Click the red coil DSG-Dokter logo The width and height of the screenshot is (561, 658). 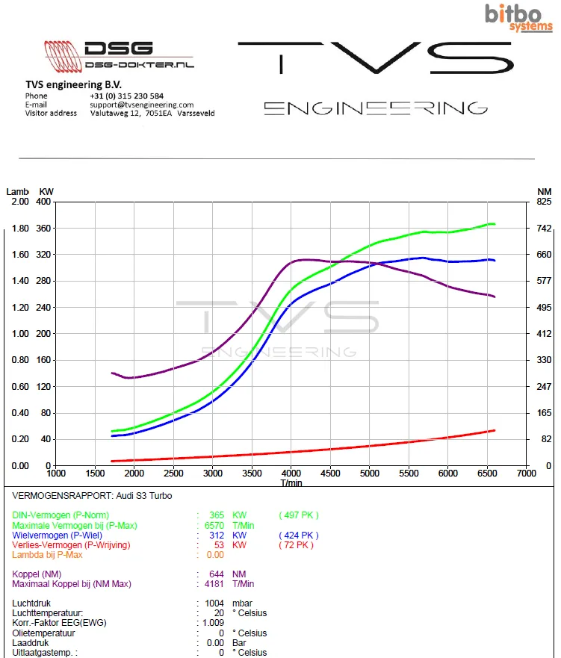tap(63, 56)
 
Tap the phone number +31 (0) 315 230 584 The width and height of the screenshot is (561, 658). tap(126, 96)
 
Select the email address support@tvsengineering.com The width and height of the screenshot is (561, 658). tap(142, 105)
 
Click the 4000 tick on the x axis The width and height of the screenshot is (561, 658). tap(291, 474)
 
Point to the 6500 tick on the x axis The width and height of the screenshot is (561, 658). tap(487, 474)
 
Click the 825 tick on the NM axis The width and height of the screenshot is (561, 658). tap(544, 202)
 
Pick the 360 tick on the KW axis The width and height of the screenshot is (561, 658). tap(43, 229)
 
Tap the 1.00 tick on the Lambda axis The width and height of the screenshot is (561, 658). tap(20, 334)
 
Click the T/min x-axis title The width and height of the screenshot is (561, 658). tap(291, 483)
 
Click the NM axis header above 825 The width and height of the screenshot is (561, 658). tap(545, 192)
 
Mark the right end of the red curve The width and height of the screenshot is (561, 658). tap(495, 430)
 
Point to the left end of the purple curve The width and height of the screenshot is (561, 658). tap(112, 373)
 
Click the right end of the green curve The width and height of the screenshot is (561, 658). tap(495, 224)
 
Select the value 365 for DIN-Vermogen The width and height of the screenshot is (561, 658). tap(217, 515)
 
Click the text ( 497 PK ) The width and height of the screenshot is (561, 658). tap(299, 515)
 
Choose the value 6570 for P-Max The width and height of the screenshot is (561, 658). tap(214, 525)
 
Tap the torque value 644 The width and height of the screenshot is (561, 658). tap(217, 574)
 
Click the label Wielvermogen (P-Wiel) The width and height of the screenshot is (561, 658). tap(57, 536)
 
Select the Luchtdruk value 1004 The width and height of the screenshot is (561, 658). tap(214, 603)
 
